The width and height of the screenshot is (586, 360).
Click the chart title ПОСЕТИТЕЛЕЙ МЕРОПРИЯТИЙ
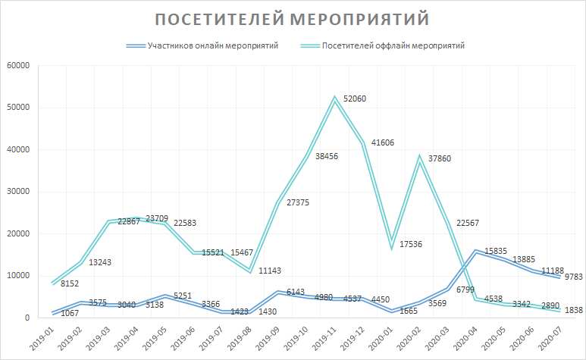click(x=292, y=18)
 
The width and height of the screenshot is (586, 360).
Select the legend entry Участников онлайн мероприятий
click(x=212, y=45)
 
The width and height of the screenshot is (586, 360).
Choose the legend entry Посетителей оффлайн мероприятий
click(x=392, y=45)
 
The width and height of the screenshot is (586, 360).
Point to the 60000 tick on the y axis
click(x=17, y=65)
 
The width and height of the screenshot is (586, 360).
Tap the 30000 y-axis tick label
click(x=17, y=191)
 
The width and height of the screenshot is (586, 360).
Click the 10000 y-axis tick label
click(x=17, y=275)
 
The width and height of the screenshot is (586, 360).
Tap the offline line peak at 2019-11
click(x=334, y=99)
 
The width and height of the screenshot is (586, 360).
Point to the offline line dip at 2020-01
click(x=393, y=244)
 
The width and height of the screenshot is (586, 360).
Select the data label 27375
click(x=297, y=202)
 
